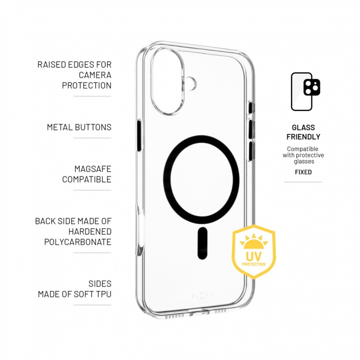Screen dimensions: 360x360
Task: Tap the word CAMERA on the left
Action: [x=95, y=75]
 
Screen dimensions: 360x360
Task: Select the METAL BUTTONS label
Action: [x=79, y=127]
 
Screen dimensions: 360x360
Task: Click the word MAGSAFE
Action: [x=93, y=169]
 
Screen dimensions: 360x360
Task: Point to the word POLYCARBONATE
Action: [x=78, y=242]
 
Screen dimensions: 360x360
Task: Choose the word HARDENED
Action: [x=90, y=232]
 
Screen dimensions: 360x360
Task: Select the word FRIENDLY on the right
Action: [x=303, y=137]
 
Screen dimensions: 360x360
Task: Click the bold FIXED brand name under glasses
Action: [x=303, y=172]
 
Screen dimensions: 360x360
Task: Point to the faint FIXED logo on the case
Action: [x=202, y=295]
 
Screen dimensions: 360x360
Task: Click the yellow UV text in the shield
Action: [x=254, y=256]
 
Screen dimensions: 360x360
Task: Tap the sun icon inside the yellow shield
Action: [x=254, y=242]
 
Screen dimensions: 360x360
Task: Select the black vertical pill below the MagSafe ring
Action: [x=202, y=243]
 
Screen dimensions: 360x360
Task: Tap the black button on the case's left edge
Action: [x=139, y=135]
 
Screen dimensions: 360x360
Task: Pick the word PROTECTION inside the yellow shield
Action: [x=254, y=264]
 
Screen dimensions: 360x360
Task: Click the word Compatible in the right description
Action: [x=303, y=149]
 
